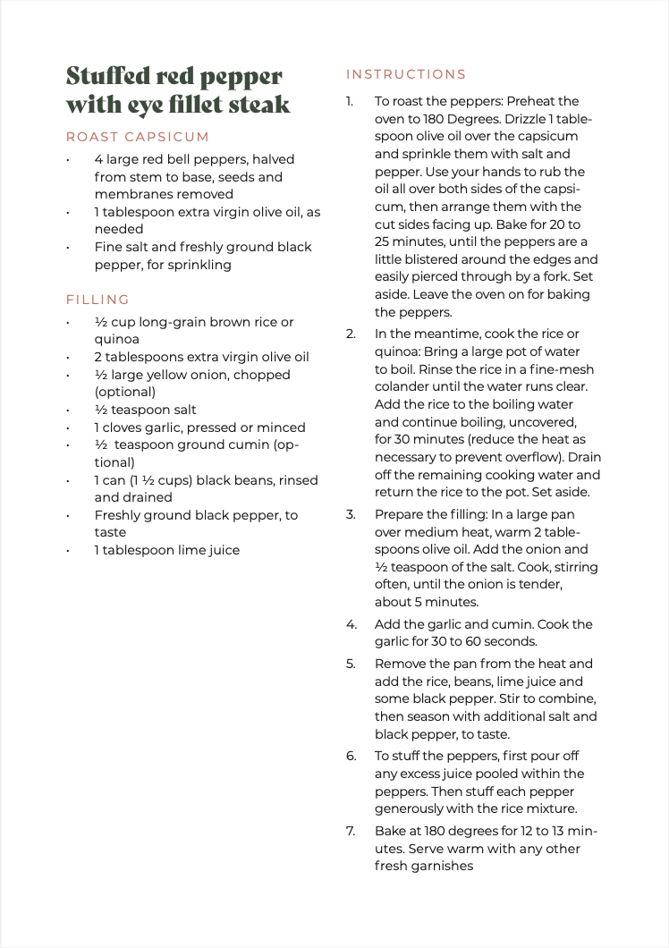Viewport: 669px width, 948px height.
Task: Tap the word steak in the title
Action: click(x=258, y=105)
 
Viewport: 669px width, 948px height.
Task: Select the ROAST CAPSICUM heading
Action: click(x=138, y=137)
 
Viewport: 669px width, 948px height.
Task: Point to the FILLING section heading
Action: click(x=97, y=300)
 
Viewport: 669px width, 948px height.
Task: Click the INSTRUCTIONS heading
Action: click(x=406, y=74)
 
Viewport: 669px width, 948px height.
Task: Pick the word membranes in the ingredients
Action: click(x=131, y=194)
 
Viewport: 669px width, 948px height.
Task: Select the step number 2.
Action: click(x=351, y=334)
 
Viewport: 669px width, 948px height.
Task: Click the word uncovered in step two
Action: click(x=545, y=421)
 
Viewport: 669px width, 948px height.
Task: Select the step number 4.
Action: click(x=351, y=624)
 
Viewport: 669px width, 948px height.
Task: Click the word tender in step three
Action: click(x=545, y=584)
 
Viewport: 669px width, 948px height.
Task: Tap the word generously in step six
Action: click(x=411, y=809)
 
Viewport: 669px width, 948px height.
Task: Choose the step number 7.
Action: click(x=351, y=831)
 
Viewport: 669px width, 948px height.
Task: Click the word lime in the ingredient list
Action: click(x=179, y=550)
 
